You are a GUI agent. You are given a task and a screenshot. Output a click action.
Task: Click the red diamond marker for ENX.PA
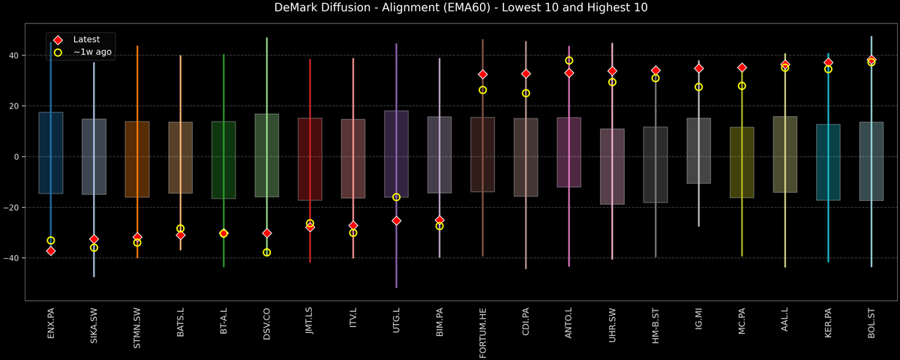click(x=50, y=250)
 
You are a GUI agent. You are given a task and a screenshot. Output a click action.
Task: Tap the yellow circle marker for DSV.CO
click(x=267, y=253)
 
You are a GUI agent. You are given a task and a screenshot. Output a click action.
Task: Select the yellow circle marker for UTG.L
click(x=396, y=197)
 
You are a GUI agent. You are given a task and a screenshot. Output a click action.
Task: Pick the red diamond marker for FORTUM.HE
click(x=483, y=74)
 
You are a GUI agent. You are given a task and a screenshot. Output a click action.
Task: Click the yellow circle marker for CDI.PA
click(x=526, y=94)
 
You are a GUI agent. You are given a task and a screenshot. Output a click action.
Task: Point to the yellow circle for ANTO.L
click(x=569, y=61)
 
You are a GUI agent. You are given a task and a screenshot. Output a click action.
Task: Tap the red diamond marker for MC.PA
click(x=742, y=67)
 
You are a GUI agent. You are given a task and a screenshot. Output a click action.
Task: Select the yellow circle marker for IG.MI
click(x=699, y=87)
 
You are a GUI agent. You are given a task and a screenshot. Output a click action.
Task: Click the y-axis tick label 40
click(x=14, y=55)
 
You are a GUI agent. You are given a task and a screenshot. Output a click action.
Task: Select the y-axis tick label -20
click(x=13, y=208)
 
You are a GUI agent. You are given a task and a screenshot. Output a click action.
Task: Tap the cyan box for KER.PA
click(x=828, y=162)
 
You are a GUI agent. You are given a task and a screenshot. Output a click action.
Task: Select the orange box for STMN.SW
click(x=137, y=159)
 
